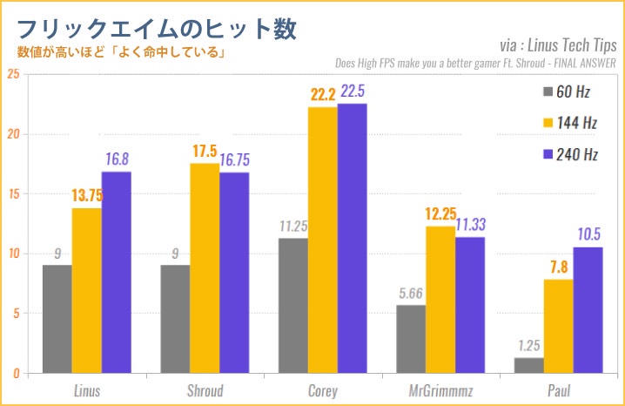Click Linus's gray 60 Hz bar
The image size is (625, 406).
point(57,319)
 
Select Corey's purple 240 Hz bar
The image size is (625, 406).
point(353,239)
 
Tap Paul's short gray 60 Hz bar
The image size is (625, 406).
point(529,365)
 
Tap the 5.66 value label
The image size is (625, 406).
point(412,294)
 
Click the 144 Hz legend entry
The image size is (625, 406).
point(570,123)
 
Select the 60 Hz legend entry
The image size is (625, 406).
point(570,91)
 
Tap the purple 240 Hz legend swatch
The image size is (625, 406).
point(548,154)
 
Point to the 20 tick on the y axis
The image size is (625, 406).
point(12,134)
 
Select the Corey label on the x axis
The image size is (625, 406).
point(323,389)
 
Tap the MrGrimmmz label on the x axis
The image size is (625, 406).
point(440,389)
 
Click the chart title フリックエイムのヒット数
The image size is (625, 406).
point(157,28)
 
